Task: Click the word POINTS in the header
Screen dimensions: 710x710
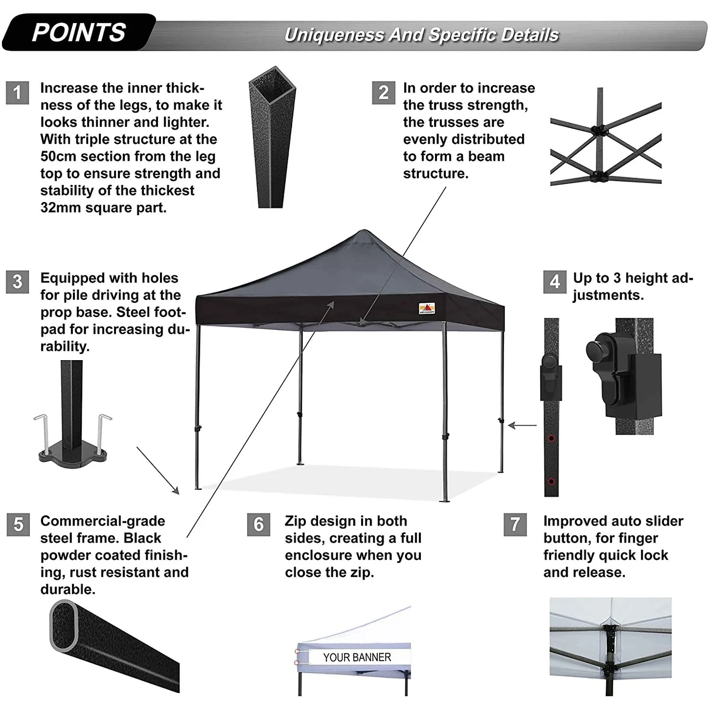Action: click(x=79, y=32)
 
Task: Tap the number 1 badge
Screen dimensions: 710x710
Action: click(x=17, y=92)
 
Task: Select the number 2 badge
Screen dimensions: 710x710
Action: click(x=384, y=92)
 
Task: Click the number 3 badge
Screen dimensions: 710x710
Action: click(x=17, y=282)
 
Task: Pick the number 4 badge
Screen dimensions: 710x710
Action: click(x=554, y=282)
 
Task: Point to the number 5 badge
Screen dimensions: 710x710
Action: click(x=18, y=524)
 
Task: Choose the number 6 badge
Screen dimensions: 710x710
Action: click(x=258, y=524)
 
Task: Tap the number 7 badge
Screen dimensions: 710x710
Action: click(x=515, y=524)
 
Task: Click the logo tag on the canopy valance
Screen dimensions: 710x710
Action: click(x=427, y=308)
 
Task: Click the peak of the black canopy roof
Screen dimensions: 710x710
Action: click(x=363, y=230)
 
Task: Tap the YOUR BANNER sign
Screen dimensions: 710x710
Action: click(x=357, y=657)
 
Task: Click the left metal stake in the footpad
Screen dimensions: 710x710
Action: click(x=44, y=434)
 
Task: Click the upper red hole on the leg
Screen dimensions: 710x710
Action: click(x=551, y=438)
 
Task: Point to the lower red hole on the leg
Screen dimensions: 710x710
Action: click(x=551, y=481)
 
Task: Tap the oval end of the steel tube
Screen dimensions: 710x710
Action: click(x=64, y=624)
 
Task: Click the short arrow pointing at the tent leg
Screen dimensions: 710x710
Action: click(x=522, y=425)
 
